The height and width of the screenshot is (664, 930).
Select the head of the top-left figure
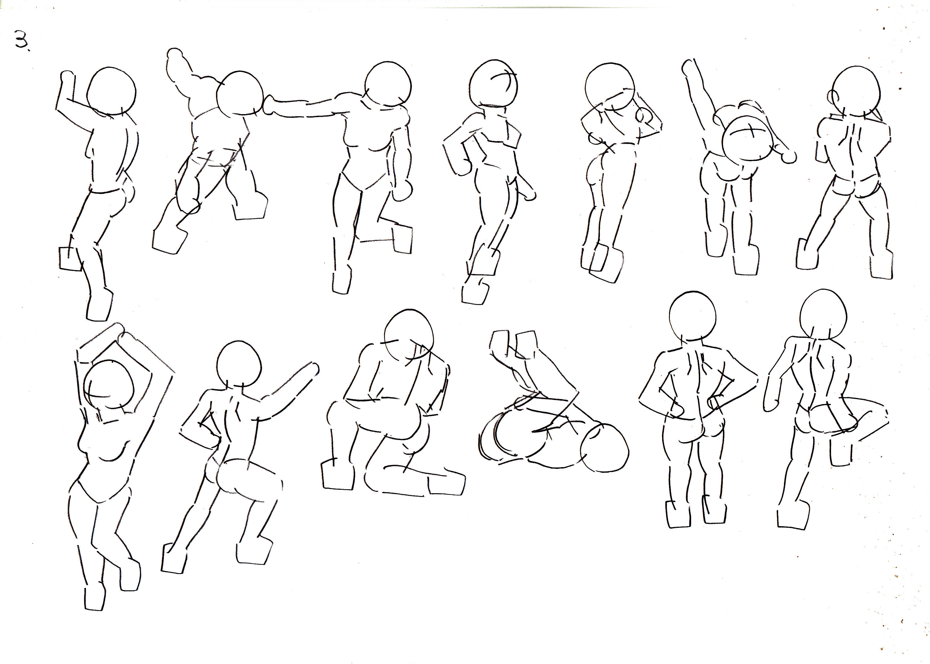112,91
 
